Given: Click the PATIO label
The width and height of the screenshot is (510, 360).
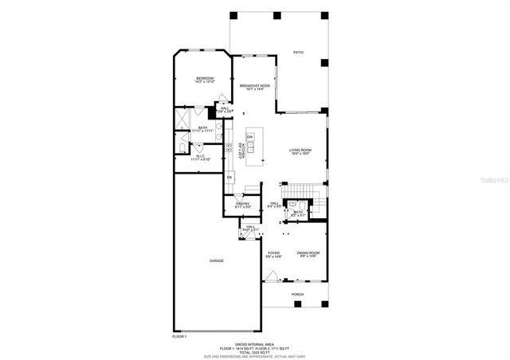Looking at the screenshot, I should [298, 52].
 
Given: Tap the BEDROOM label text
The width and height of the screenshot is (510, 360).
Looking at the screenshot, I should [205, 78].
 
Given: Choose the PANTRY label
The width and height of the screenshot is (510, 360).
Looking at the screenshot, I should [242, 204].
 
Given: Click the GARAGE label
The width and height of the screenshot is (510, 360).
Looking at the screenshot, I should [216, 260].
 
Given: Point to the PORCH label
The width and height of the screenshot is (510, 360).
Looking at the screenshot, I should [297, 294].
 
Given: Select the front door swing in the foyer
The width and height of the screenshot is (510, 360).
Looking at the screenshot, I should [275, 278].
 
